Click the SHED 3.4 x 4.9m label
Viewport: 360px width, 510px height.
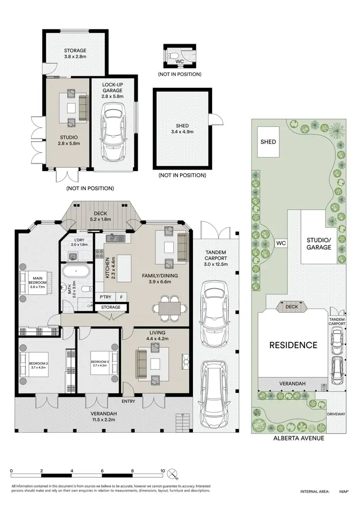click(182, 129)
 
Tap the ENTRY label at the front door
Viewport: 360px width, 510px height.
click(129, 401)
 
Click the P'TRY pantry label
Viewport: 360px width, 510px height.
click(105, 297)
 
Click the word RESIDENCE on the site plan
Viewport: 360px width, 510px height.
click(293, 345)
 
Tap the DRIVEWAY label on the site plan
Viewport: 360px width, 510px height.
click(336, 414)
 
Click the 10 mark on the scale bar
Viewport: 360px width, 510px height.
click(163, 471)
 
